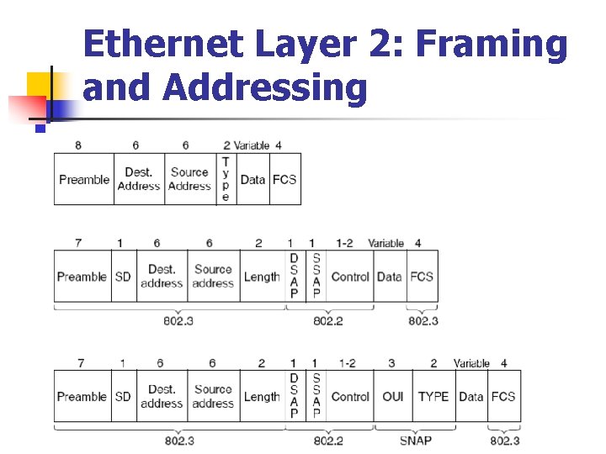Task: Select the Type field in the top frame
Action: (x=226, y=179)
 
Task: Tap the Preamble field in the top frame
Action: (x=84, y=179)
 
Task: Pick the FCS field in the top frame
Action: (x=284, y=179)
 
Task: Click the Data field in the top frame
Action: (x=252, y=179)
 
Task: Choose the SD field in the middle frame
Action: (x=123, y=277)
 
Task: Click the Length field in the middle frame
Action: (x=262, y=277)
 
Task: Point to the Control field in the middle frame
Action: (x=350, y=277)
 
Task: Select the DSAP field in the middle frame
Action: (x=294, y=276)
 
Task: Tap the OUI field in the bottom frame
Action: (x=392, y=396)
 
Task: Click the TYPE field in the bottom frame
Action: (x=433, y=396)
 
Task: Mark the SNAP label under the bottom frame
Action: (x=415, y=441)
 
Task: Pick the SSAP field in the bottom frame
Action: (x=316, y=396)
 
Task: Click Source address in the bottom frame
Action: (x=213, y=396)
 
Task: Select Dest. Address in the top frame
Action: (x=139, y=179)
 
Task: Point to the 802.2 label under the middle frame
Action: (x=328, y=320)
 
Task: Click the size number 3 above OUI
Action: (x=391, y=363)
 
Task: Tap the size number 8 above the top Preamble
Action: (x=78, y=145)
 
